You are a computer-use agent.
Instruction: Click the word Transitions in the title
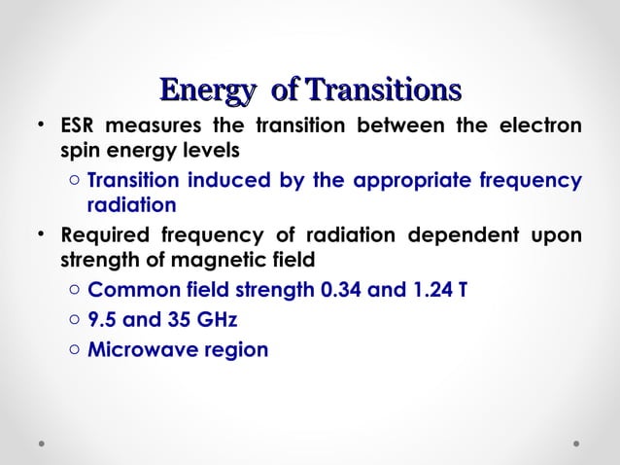click(x=382, y=90)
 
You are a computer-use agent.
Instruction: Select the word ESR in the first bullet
click(x=78, y=127)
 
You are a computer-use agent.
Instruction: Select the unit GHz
click(x=211, y=320)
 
